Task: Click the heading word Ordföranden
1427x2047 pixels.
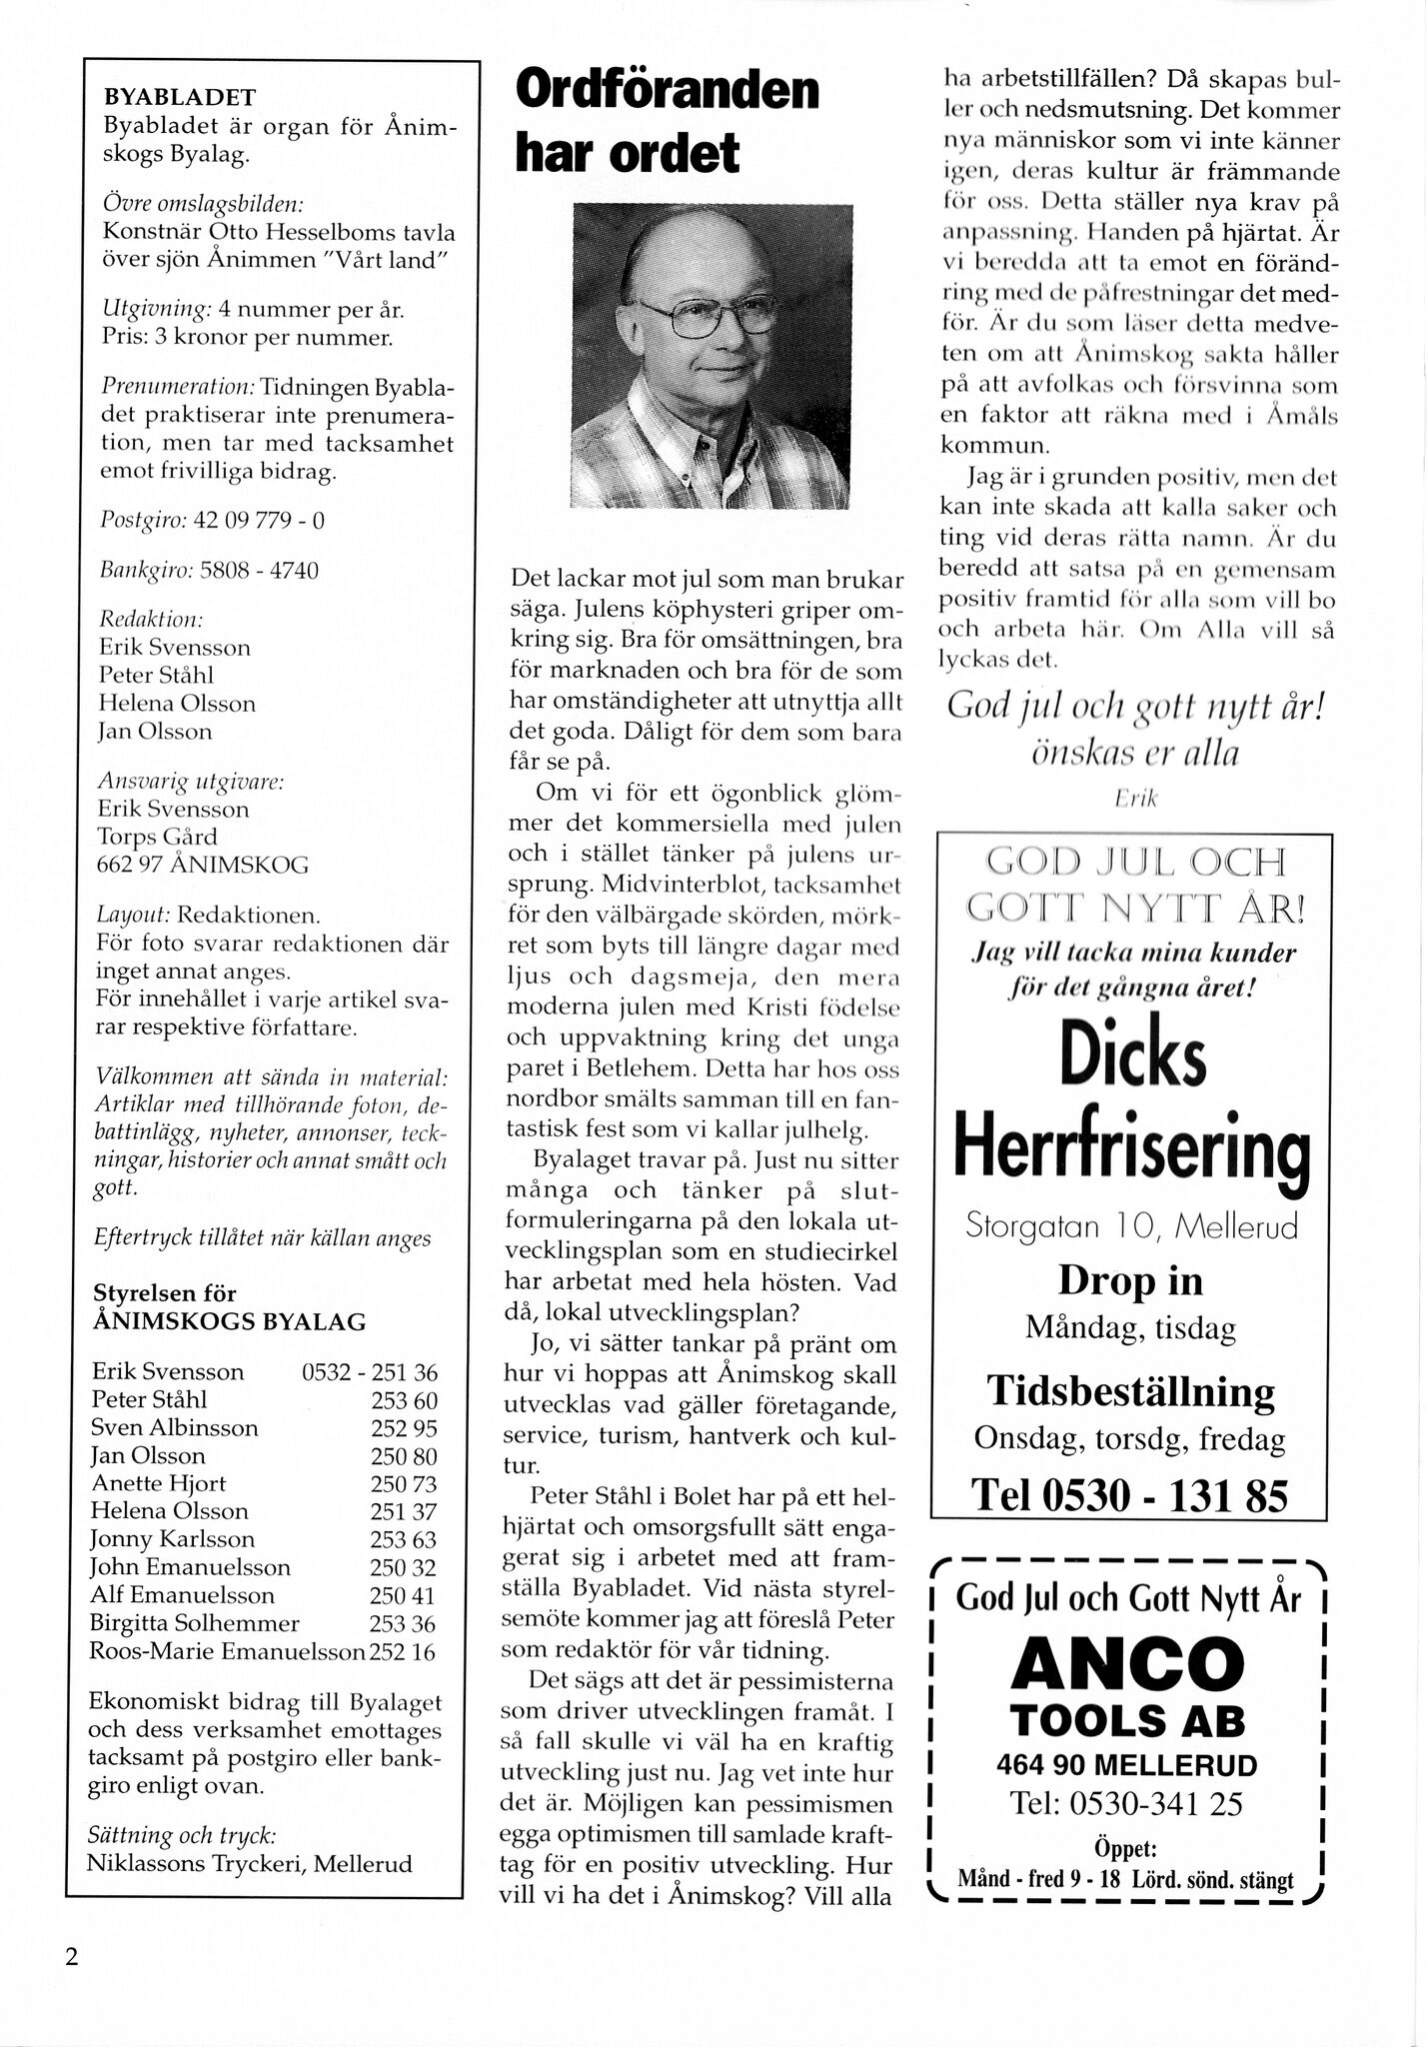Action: click(x=667, y=92)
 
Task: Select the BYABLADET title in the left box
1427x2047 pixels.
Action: click(x=180, y=97)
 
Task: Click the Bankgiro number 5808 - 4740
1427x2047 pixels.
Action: click(x=259, y=571)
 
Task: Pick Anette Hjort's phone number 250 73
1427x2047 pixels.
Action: click(x=403, y=1484)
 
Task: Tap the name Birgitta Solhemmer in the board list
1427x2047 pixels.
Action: click(x=195, y=1623)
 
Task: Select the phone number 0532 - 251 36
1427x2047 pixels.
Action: click(x=370, y=1372)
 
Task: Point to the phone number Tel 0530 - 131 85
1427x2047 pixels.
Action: click(x=1129, y=1495)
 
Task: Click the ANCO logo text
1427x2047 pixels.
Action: click(x=1128, y=1664)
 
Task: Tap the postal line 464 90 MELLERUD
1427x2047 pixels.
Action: click(x=1127, y=1765)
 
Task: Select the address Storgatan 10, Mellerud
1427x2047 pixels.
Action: click(x=1130, y=1226)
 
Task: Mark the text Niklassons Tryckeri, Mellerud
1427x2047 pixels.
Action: click(x=249, y=1863)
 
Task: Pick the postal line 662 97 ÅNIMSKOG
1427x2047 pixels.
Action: click(x=203, y=865)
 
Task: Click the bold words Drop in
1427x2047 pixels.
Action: click(x=1130, y=1281)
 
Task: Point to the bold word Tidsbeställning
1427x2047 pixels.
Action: click(x=1130, y=1390)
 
